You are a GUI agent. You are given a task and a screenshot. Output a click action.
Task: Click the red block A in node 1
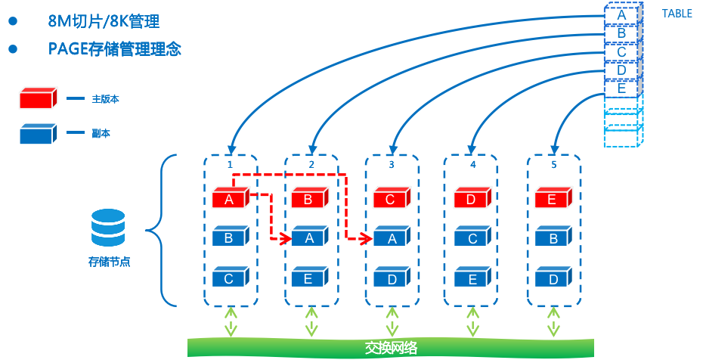click(230, 199)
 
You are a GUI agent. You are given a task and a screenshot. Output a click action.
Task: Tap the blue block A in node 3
click(392, 238)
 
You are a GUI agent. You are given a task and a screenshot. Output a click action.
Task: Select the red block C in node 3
click(392, 199)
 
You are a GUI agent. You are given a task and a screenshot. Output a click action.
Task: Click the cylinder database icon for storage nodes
click(108, 228)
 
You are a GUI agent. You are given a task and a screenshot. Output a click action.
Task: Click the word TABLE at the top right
click(677, 14)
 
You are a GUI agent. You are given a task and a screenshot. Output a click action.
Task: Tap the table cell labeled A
click(621, 14)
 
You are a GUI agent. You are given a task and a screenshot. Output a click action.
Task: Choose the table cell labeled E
click(621, 88)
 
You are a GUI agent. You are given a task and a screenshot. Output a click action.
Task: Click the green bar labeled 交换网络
click(390, 348)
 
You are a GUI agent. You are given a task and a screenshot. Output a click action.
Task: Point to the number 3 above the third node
click(392, 164)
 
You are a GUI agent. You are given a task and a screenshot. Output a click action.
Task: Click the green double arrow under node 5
click(553, 321)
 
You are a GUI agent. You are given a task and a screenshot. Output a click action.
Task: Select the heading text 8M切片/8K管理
click(104, 21)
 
